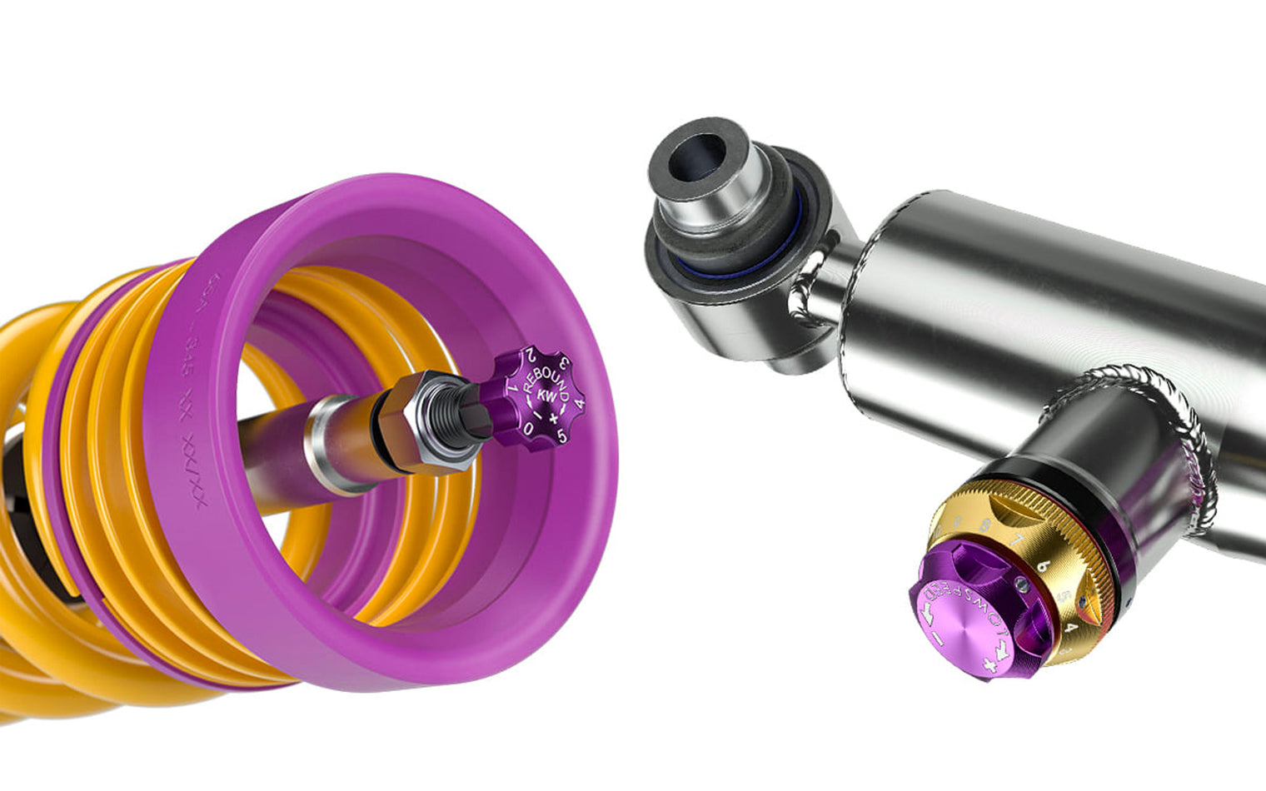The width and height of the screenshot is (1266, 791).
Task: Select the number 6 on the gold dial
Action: pyautogui.click(x=1041, y=564)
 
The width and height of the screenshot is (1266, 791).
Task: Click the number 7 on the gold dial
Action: pyautogui.click(x=1015, y=542)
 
